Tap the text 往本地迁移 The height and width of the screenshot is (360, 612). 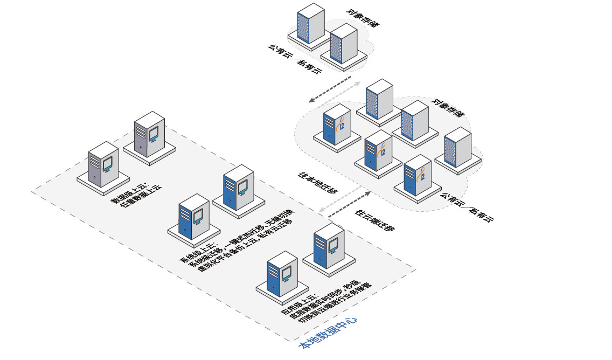(x=318, y=183)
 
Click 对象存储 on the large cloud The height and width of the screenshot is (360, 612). (x=448, y=108)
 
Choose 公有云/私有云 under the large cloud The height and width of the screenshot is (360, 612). (x=467, y=207)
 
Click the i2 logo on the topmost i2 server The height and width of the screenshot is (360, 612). (x=342, y=127)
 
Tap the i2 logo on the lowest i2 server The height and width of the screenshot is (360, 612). (x=422, y=176)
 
